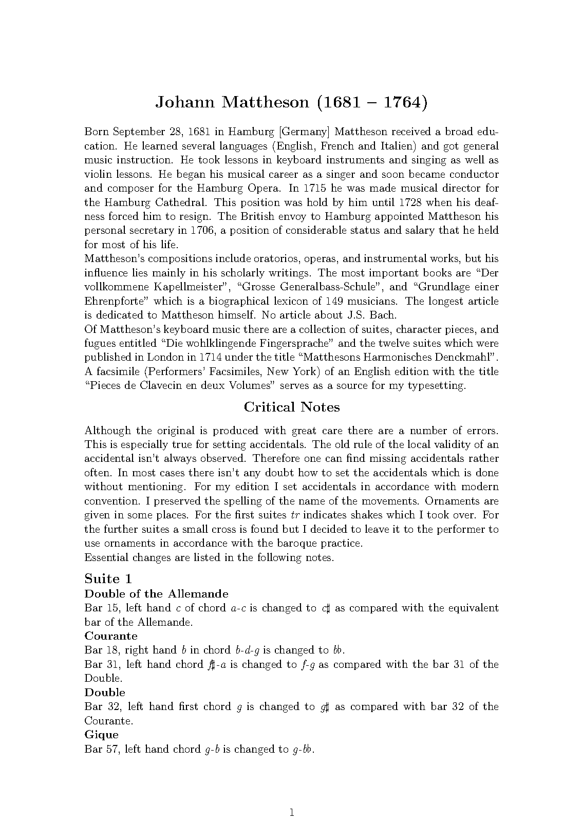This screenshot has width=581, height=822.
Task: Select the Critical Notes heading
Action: tap(291, 407)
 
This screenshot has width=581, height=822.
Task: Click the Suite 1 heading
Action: tap(108, 578)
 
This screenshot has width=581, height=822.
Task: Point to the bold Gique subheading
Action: tap(101, 734)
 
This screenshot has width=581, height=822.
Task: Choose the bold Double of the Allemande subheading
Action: tap(156, 593)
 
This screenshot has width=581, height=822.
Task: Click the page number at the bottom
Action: tap(291, 798)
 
